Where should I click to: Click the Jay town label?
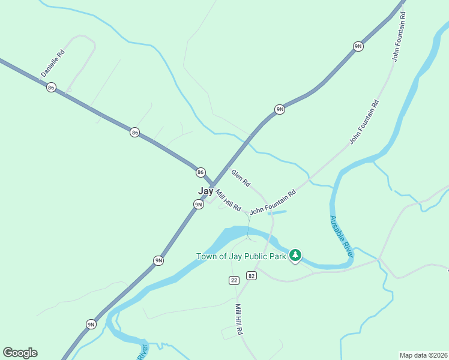click(x=205, y=191)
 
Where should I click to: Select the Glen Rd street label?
click(x=241, y=178)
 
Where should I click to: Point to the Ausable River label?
click(x=340, y=234)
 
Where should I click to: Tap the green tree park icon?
click(x=295, y=256)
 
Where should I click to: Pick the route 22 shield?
click(x=234, y=280)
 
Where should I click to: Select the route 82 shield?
click(x=251, y=276)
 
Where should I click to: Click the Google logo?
click(x=20, y=353)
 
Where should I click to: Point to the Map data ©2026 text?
click(x=423, y=355)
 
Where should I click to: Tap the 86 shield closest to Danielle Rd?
click(x=51, y=88)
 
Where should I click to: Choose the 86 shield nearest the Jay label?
click(x=200, y=172)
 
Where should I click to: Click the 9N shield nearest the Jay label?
click(x=198, y=205)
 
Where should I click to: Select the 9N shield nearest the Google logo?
click(x=91, y=325)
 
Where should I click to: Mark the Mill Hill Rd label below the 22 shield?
click(x=238, y=319)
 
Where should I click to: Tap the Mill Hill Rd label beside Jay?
click(x=228, y=200)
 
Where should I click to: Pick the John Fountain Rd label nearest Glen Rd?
click(x=273, y=203)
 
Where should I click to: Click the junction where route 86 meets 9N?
click(x=212, y=185)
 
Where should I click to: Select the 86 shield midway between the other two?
click(x=134, y=132)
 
